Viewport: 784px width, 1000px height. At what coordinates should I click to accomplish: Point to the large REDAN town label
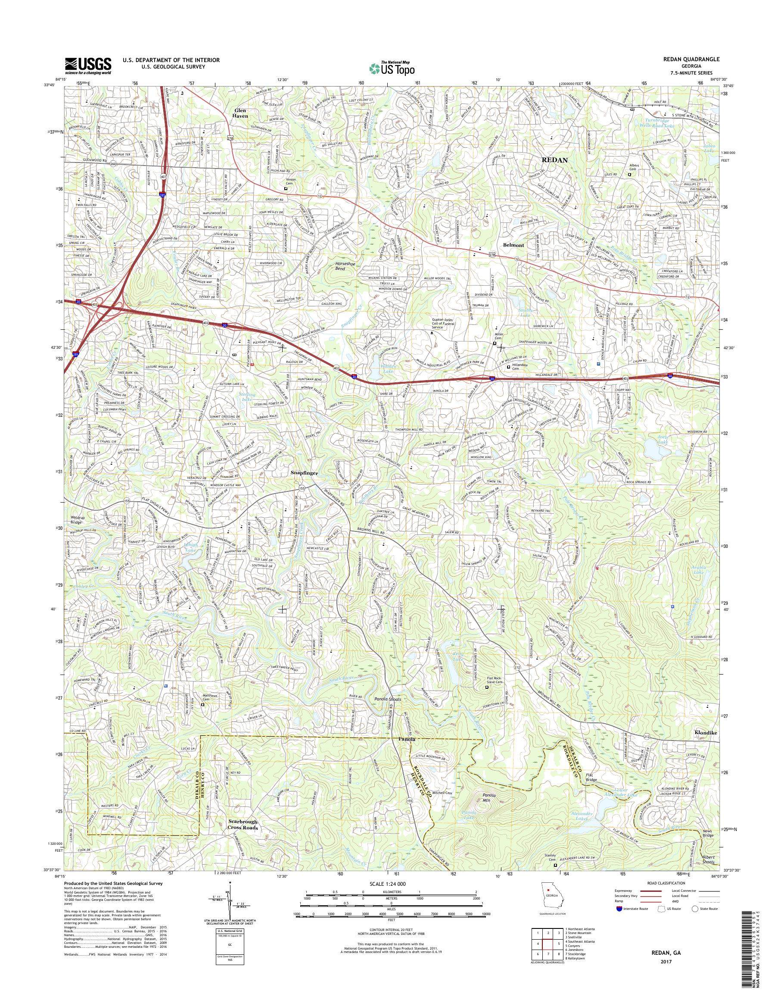pos(555,160)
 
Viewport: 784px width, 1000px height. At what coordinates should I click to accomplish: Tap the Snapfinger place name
pos(303,472)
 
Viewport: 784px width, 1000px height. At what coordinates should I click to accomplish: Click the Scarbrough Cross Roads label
pos(243,825)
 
